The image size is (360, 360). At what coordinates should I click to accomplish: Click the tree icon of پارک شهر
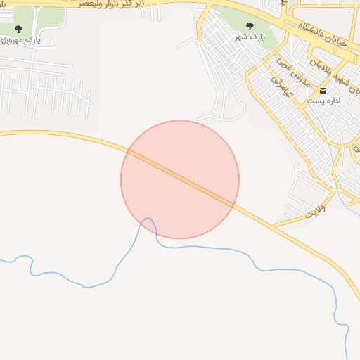coord(249,27)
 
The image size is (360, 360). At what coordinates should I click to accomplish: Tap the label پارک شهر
coord(250,37)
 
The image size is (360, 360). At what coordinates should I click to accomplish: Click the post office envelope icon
coord(323,91)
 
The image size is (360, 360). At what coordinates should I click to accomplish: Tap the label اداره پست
coord(323,101)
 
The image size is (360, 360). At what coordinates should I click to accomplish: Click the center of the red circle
coord(180,179)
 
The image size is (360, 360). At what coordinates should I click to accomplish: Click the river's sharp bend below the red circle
coord(148,219)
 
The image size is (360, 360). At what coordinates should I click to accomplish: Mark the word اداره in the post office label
coord(332,101)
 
